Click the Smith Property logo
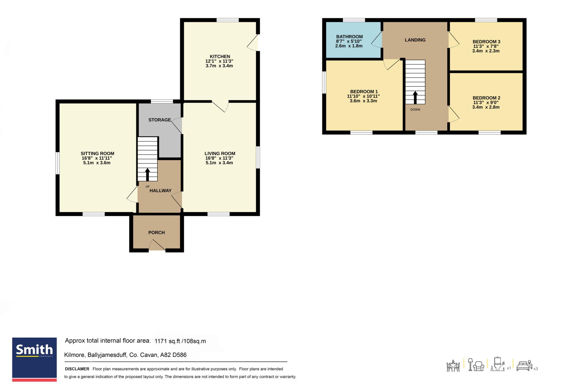pos(34,359)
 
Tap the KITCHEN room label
pos(220,57)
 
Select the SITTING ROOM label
pos(97,153)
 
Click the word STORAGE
pos(159,120)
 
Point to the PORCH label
pos(157,233)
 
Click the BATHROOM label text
pos(349,37)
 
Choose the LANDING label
pos(415,40)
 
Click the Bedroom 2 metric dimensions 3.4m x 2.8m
pos(486,107)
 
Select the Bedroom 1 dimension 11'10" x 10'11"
pos(363,96)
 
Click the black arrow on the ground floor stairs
pos(147,175)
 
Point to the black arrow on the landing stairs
pos(415,97)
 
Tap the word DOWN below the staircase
pos(415,110)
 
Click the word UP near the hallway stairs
pos(147,187)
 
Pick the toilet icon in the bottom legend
pos(498,364)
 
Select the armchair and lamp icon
pos(476,364)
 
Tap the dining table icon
pos(453,366)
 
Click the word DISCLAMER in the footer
pos(77,369)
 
